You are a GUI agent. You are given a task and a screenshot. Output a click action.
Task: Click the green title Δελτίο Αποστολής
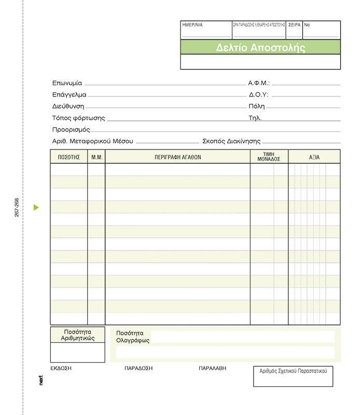click(260, 48)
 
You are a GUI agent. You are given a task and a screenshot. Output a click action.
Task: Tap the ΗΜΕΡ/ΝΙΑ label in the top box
click(192, 25)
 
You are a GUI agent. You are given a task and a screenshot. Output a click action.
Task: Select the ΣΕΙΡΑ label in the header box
click(294, 25)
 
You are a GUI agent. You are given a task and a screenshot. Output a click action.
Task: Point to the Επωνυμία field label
click(67, 83)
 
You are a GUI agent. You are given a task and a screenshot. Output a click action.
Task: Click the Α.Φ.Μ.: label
click(259, 83)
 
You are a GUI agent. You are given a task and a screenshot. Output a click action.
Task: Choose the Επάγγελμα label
click(69, 95)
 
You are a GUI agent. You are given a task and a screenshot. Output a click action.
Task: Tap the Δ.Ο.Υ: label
click(258, 95)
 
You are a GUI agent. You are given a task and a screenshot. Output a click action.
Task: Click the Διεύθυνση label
click(68, 106)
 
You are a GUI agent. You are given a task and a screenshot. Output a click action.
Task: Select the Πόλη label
click(257, 106)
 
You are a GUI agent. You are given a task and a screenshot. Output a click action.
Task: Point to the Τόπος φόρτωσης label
click(78, 118)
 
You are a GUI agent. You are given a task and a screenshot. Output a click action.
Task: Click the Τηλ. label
click(255, 118)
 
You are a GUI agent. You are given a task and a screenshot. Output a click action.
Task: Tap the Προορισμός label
click(71, 130)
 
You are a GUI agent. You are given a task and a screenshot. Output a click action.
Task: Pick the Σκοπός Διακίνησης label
click(231, 141)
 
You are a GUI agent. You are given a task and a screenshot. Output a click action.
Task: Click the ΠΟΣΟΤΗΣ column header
click(68, 157)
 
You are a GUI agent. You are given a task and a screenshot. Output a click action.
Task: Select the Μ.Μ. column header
click(96, 157)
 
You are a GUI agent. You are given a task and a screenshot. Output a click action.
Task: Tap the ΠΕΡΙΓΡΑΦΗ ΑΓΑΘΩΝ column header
click(177, 157)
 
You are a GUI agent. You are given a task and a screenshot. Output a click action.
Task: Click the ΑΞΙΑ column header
click(314, 157)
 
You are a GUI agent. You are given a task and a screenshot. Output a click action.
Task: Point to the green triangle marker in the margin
click(36, 208)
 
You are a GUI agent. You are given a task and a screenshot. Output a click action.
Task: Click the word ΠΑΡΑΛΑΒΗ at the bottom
click(213, 368)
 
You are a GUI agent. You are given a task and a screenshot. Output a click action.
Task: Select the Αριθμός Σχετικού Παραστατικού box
click(293, 376)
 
